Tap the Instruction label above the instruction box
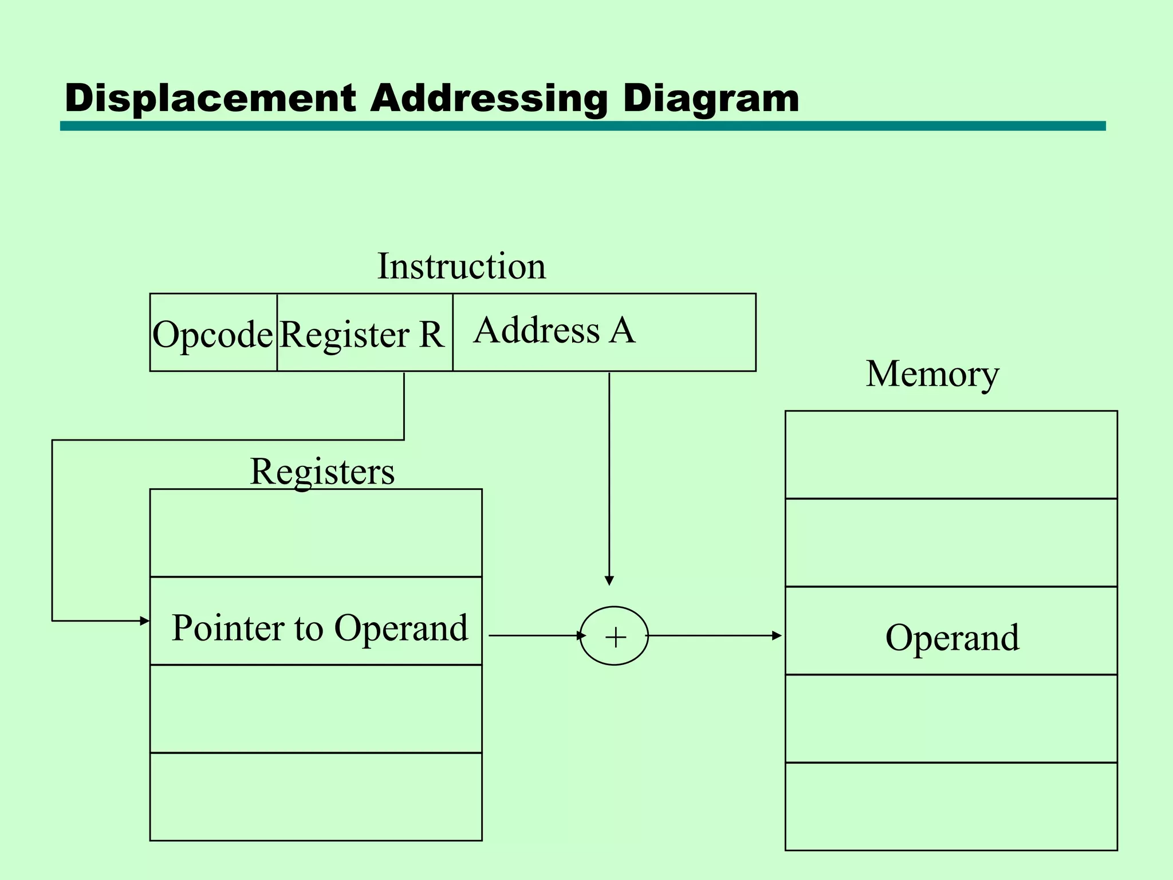coord(461,266)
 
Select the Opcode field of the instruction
coord(213,333)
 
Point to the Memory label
coord(932,374)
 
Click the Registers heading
coord(322,472)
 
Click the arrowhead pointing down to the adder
coord(609,580)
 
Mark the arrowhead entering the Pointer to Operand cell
coord(145,620)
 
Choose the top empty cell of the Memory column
coord(951,455)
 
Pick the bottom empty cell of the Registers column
coord(316,797)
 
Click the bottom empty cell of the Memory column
coord(951,807)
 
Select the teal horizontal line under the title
coord(582,126)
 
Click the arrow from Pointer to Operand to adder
coord(536,635)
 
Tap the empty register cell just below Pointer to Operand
coord(316,709)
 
